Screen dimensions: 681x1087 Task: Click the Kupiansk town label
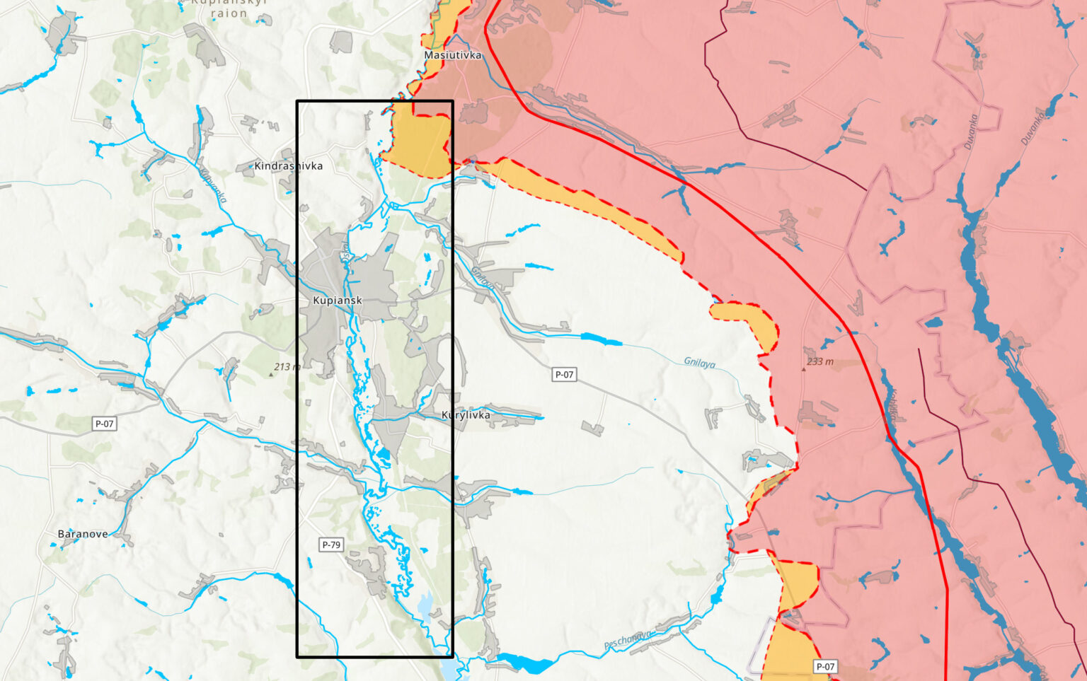point(338,301)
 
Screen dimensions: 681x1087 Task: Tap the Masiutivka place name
point(453,55)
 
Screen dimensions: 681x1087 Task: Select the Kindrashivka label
point(289,166)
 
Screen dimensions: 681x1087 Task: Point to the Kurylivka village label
point(466,415)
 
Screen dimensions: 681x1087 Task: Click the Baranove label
point(83,534)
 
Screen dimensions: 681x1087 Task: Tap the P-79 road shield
point(331,545)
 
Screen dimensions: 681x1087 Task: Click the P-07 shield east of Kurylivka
point(564,374)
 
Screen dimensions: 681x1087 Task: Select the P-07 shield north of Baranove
point(104,424)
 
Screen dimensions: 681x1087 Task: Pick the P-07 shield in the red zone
point(825,666)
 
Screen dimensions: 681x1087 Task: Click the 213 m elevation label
point(287,366)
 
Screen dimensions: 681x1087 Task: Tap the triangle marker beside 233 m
point(803,369)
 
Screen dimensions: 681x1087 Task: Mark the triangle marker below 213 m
point(271,375)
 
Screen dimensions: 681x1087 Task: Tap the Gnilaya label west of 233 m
point(699,363)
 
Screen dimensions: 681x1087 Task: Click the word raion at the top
point(229,13)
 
